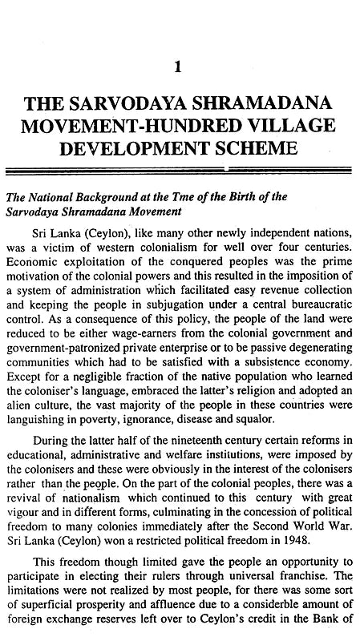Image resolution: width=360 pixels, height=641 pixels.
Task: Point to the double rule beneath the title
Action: (x=180, y=170)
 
